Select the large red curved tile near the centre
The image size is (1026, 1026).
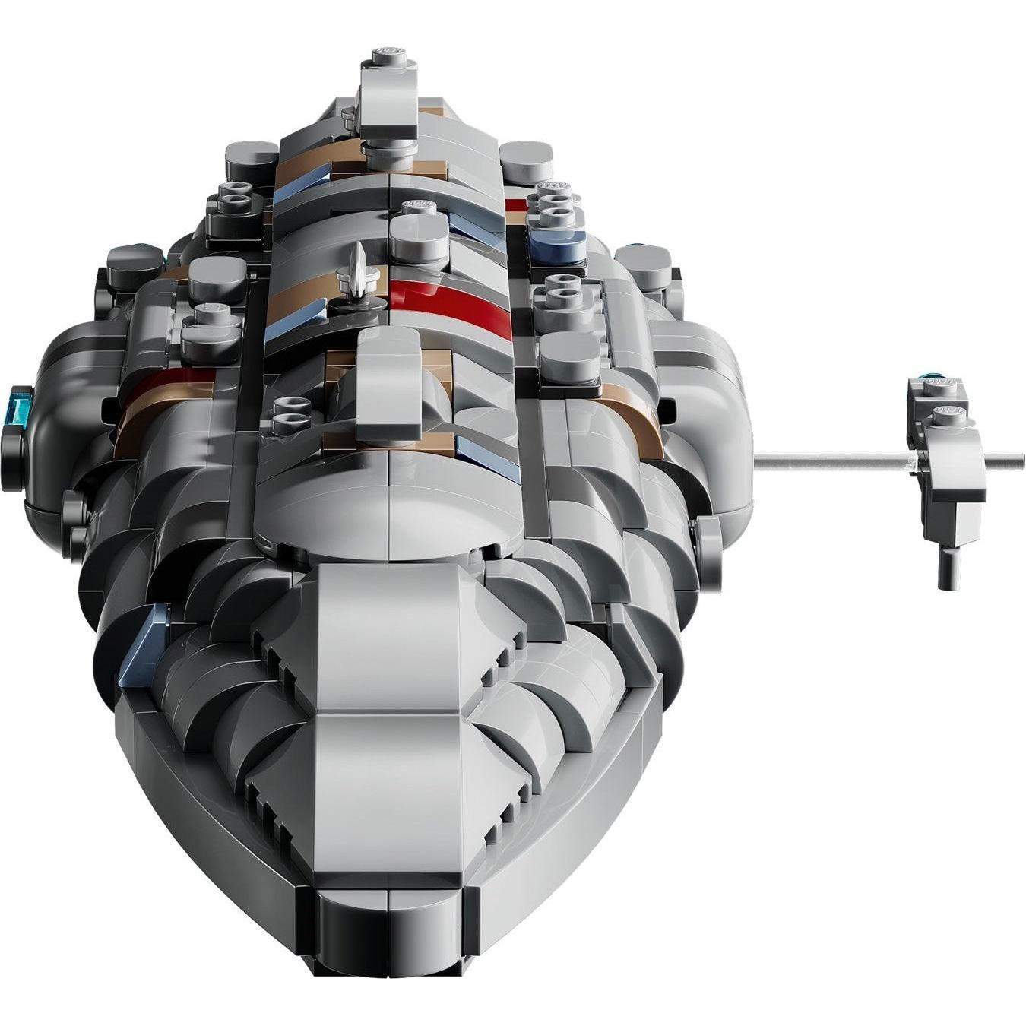(x=437, y=298)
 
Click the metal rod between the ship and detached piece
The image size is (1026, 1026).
(x=828, y=458)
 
